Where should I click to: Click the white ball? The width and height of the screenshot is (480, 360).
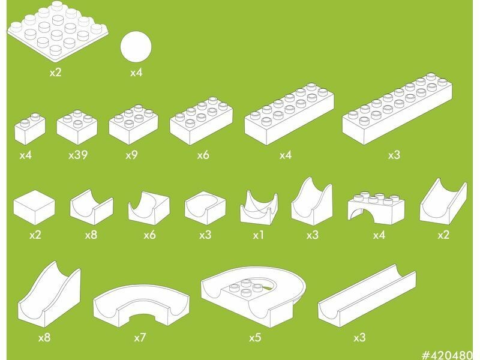pos(136,47)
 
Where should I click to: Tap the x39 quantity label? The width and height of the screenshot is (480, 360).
pos(78,155)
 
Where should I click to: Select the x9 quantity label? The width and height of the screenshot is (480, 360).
pos(131,155)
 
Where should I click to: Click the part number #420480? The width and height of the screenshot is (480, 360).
pos(447,355)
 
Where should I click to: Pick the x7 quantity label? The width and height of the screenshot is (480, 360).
pos(140,337)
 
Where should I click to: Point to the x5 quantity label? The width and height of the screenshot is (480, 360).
pos(255,337)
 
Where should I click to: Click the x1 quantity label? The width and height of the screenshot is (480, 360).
pos(259,235)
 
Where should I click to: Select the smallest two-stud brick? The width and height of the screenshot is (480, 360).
pos(30,128)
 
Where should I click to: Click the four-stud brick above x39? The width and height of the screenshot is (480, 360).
pos(77,127)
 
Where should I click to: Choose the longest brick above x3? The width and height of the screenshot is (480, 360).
pos(397,109)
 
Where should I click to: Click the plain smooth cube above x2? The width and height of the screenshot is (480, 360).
pos(34,208)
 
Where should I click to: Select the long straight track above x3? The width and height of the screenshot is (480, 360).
pos(367,295)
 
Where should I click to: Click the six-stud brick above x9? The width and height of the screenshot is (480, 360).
pos(134,125)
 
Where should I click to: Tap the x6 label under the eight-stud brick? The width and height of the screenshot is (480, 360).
pos(203,155)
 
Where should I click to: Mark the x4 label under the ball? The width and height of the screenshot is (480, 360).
pos(136,73)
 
